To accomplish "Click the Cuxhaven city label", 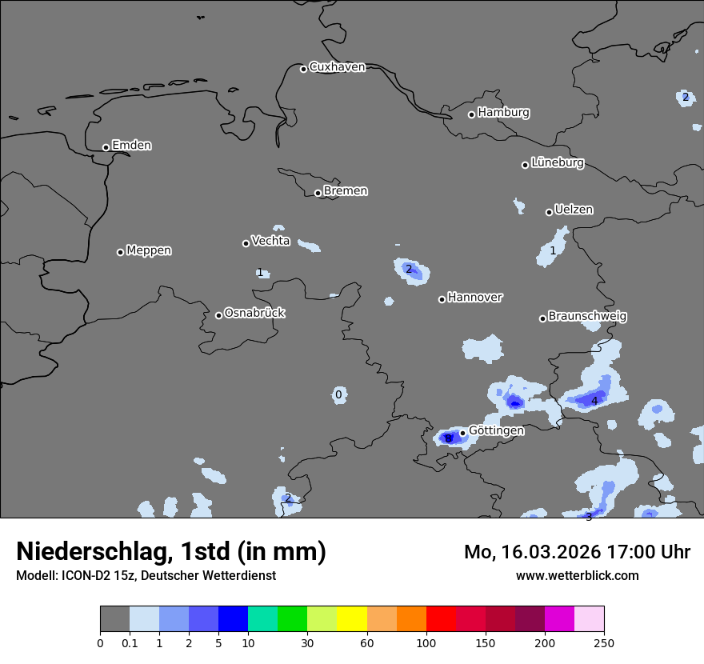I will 337,67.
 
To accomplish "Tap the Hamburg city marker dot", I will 471,114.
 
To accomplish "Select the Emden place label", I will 131,146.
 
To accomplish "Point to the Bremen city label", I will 346,191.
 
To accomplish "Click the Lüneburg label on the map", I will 558,163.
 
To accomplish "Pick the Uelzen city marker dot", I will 549,212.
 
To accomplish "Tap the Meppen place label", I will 149,250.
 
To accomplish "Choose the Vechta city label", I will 270,241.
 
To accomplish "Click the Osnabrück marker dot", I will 218,315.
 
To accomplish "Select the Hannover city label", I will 475,298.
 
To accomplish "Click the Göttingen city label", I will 496,431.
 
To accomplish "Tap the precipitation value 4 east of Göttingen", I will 594,401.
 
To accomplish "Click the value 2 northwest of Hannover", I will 409,270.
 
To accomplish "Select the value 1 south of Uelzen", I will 553,251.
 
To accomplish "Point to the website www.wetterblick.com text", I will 578,576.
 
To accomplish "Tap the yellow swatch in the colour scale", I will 351,619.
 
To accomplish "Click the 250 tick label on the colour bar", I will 604,643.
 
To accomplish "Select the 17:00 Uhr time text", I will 634,552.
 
